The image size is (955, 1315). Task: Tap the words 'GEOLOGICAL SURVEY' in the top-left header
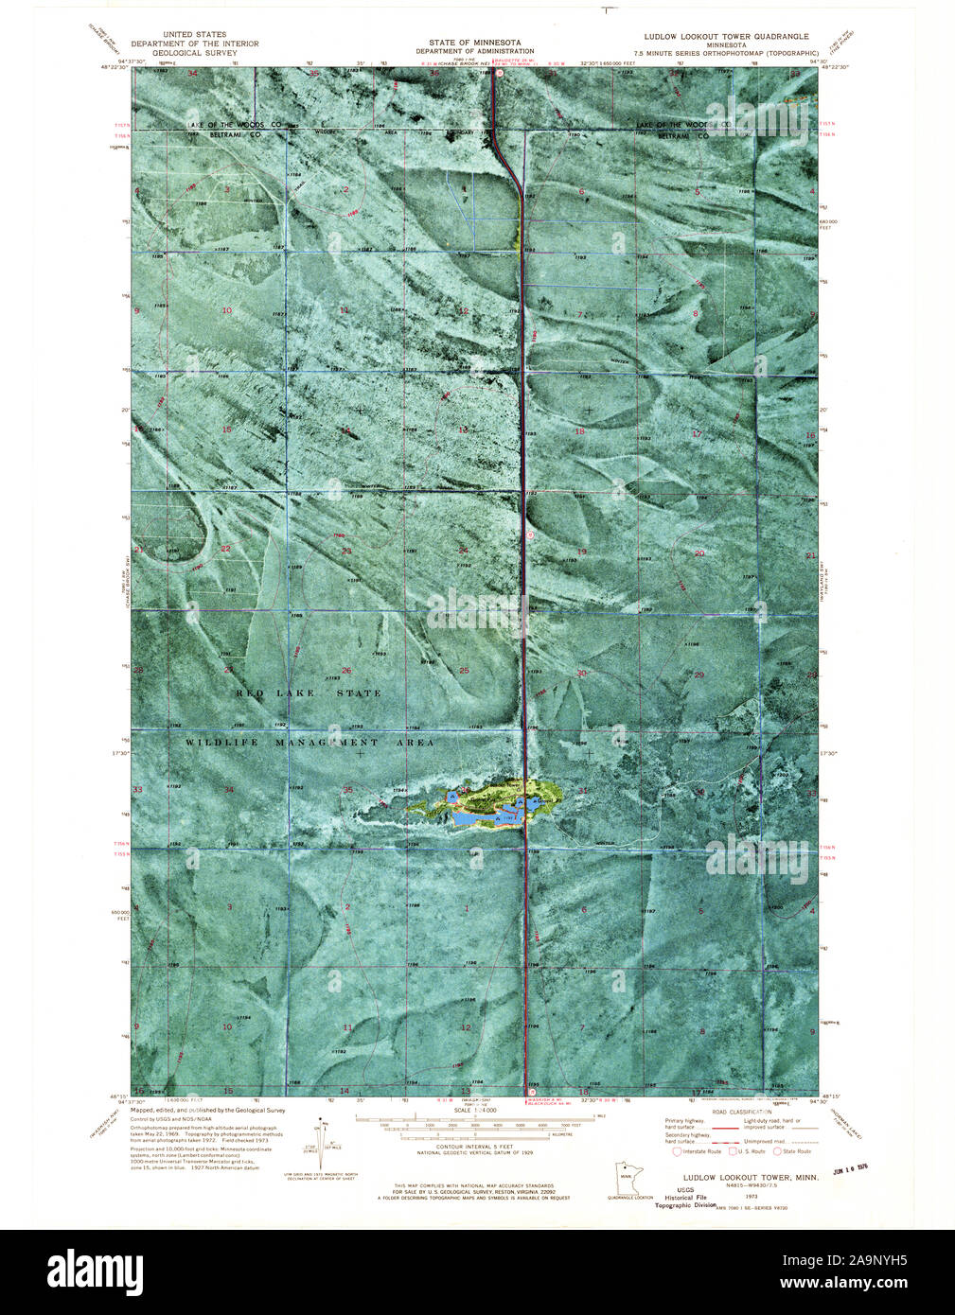click(194, 53)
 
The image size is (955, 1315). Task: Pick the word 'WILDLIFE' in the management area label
click(219, 743)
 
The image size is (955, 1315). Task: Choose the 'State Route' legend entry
click(793, 1151)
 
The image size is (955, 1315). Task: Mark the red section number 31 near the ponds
click(583, 792)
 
